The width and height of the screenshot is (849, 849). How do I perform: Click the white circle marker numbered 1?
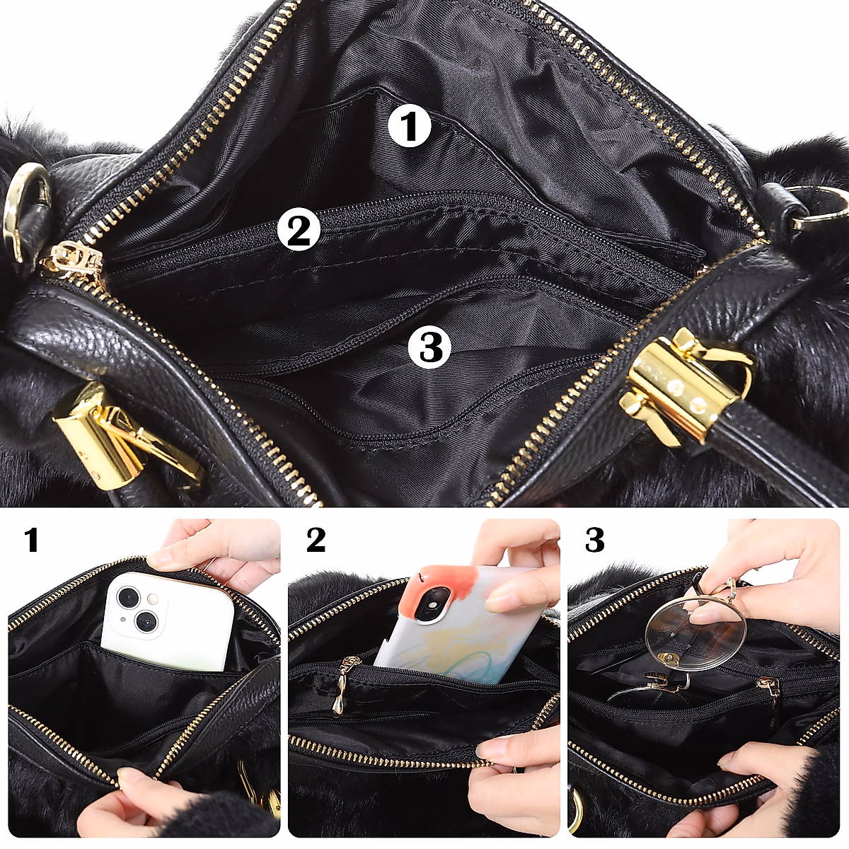tap(410, 127)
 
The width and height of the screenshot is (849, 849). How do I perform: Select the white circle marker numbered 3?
tap(429, 347)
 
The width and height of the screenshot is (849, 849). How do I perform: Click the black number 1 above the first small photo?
tap(31, 541)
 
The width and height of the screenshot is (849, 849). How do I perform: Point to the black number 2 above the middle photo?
tap(316, 541)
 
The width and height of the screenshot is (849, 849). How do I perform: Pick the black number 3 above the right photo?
tap(595, 541)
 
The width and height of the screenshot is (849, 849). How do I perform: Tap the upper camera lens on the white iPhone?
tap(129, 597)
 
